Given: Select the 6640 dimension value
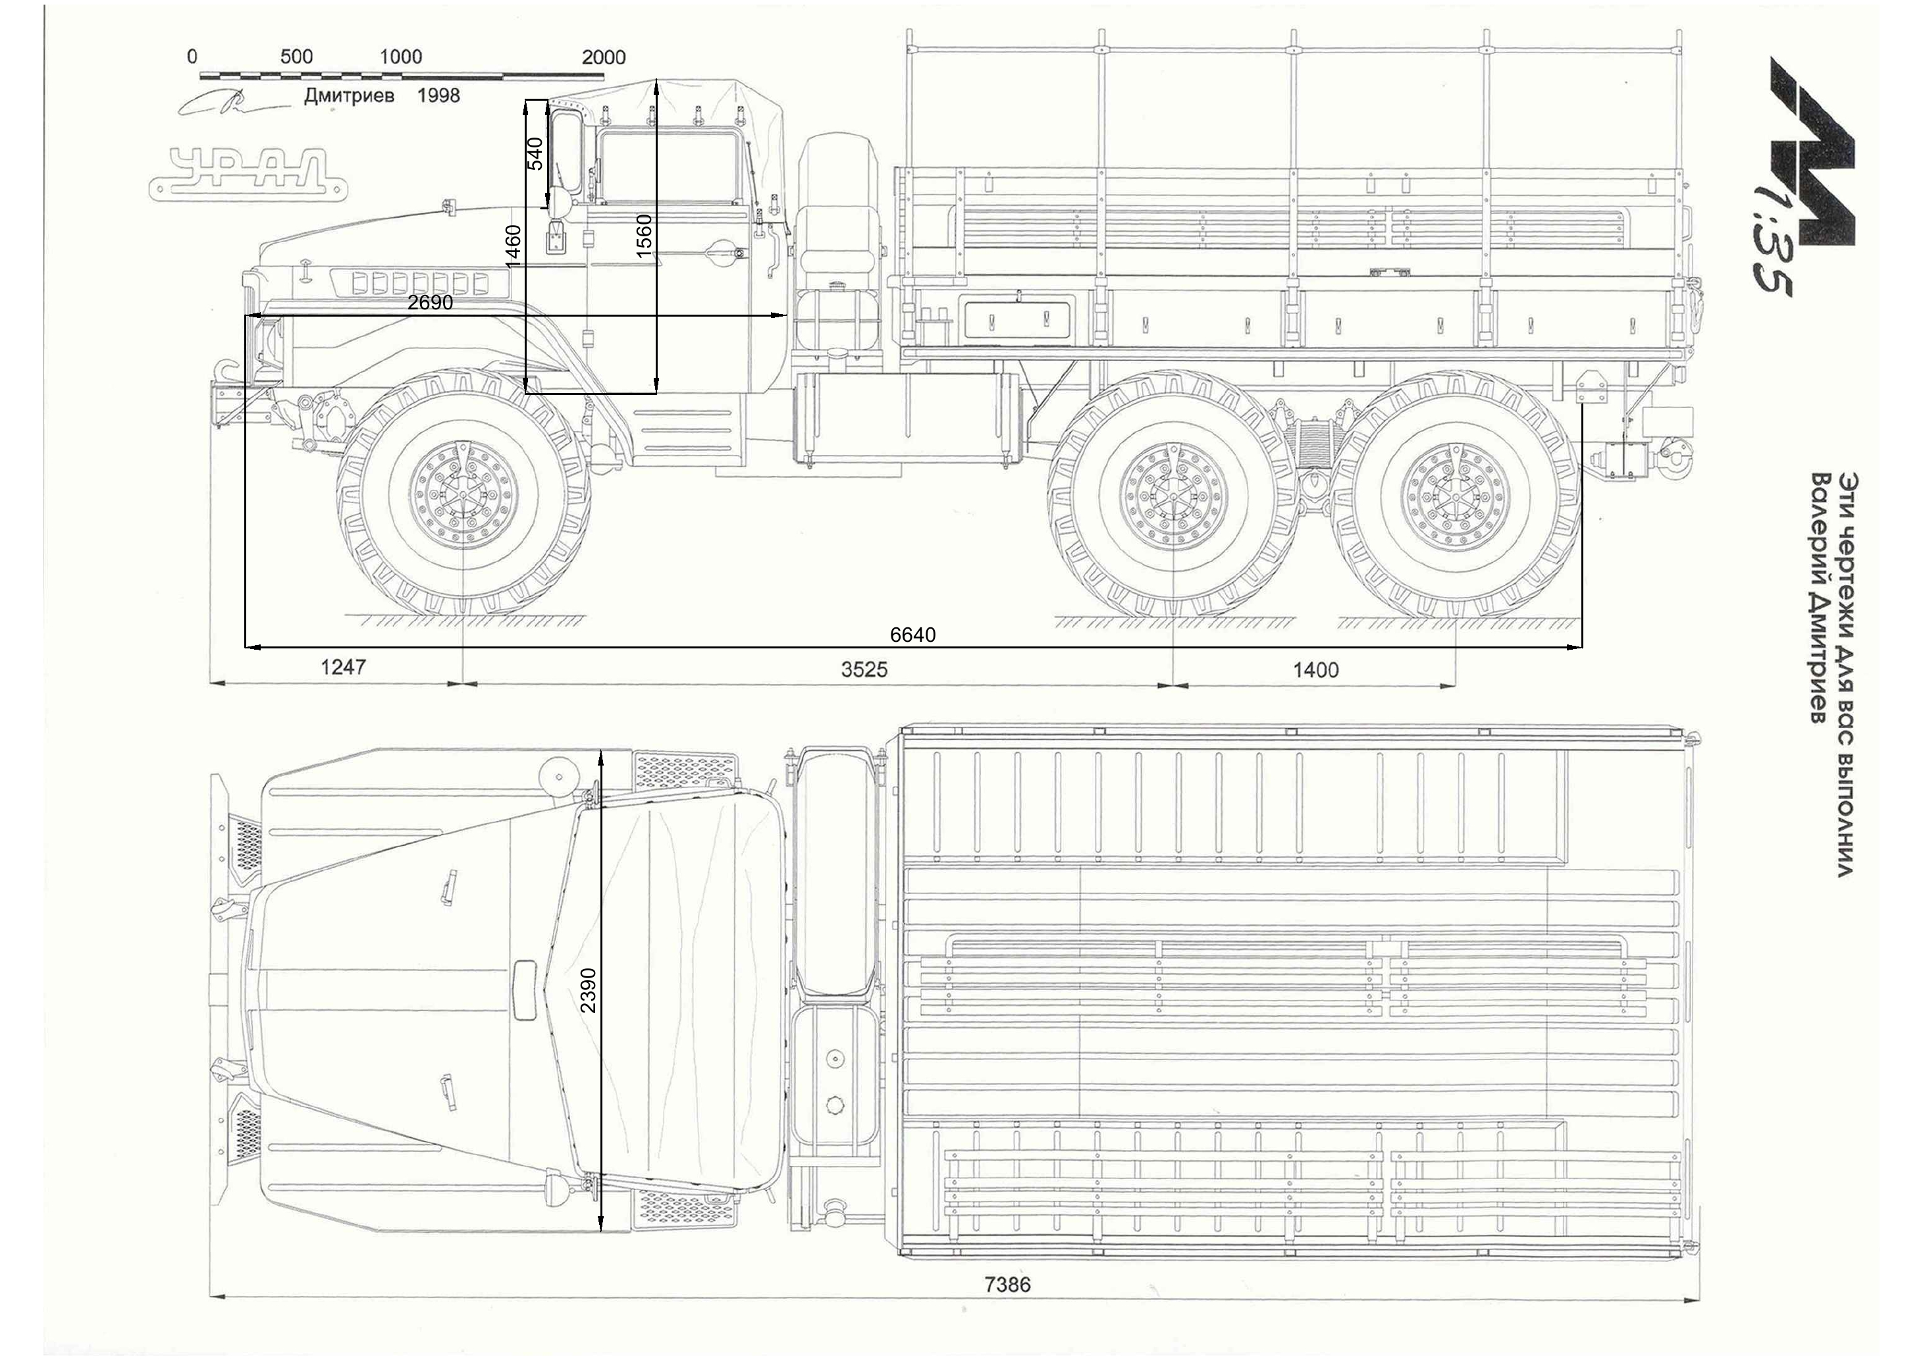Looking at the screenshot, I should (x=912, y=635).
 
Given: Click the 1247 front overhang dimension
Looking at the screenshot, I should (x=344, y=667).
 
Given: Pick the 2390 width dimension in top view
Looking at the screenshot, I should (x=589, y=990).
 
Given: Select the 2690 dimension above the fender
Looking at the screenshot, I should (x=430, y=303).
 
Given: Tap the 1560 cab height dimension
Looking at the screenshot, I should (x=643, y=236).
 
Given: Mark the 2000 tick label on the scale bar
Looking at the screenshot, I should (x=604, y=57).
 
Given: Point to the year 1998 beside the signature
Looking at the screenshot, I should (x=438, y=95).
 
